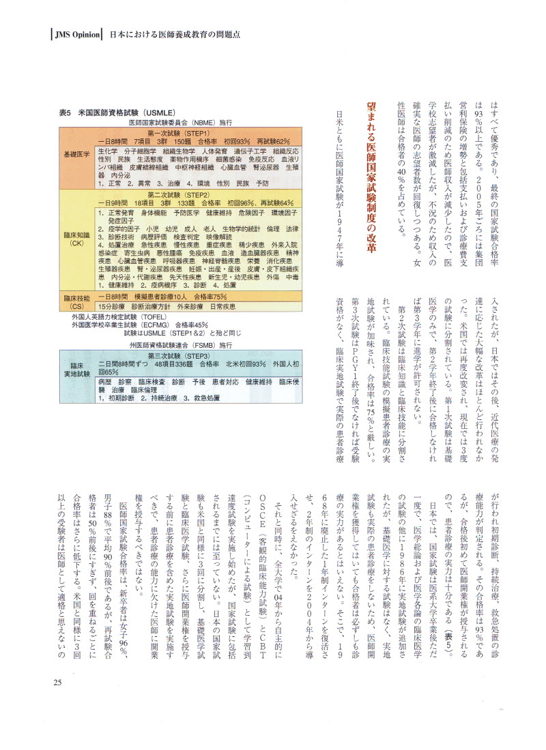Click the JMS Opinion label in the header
78,34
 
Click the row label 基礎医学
77,155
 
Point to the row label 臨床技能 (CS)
77,301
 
